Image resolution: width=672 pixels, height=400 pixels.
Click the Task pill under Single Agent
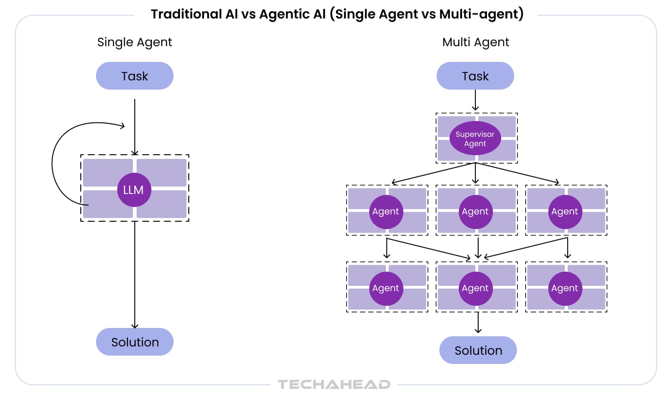(x=134, y=76)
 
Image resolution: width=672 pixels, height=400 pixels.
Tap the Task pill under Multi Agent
(x=475, y=76)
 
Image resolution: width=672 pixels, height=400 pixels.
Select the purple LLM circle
(x=134, y=190)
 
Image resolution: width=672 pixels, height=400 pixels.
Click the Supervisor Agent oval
(x=475, y=138)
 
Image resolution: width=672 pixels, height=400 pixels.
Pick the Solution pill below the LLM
(x=134, y=342)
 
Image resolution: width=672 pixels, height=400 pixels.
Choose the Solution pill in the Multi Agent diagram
(x=478, y=350)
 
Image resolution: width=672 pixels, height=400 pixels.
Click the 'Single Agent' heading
(x=134, y=42)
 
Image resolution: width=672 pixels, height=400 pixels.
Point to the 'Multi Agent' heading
(x=475, y=42)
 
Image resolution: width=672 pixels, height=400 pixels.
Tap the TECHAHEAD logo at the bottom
(x=334, y=384)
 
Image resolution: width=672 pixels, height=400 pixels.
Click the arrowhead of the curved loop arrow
(x=123, y=126)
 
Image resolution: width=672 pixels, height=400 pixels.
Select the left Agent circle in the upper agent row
(x=386, y=212)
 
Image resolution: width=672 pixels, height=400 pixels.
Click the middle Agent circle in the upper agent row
(x=475, y=212)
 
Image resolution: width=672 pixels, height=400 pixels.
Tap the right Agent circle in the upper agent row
(x=565, y=212)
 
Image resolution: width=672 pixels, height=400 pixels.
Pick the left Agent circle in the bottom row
(x=386, y=288)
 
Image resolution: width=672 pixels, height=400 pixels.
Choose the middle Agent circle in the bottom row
(x=475, y=288)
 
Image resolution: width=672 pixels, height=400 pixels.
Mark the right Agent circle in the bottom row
(x=565, y=288)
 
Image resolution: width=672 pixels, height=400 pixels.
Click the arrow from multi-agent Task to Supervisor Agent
(x=475, y=100)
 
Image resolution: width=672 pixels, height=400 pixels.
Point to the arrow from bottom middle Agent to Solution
(x=478, y=322)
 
